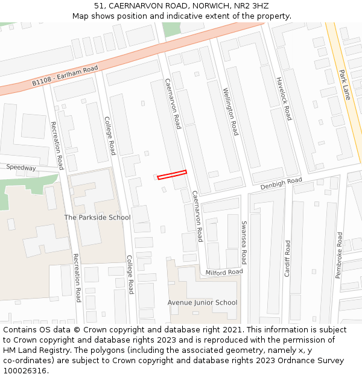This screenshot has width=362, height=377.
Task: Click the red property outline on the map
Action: [172, 175]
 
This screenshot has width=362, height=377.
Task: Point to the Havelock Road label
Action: [284, 98]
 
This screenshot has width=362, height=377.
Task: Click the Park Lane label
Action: [345, 84]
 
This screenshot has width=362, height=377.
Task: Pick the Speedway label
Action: [21, 168]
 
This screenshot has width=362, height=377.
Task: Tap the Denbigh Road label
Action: [281, 183]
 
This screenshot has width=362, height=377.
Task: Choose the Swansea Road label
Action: [244, 242]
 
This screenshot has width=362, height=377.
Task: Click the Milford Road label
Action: [224, 272]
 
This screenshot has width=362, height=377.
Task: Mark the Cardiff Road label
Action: [288, 258]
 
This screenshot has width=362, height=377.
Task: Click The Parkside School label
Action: [97, 217]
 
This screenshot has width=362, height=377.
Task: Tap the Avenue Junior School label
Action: [202, 302]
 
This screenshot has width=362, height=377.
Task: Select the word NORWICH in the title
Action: [212, 5]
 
